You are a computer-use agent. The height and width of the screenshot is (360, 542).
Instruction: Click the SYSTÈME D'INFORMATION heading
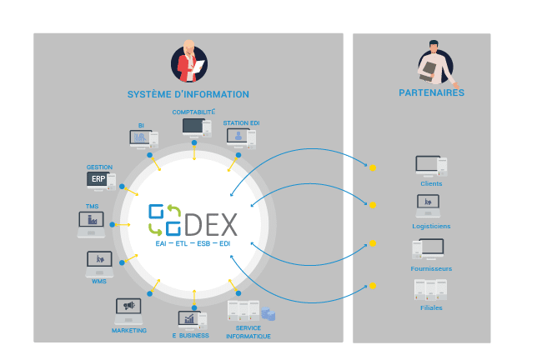point(188,94)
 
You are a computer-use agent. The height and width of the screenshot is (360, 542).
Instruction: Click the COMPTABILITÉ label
point(193,112)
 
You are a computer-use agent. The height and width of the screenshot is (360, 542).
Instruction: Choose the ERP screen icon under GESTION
point(99,179)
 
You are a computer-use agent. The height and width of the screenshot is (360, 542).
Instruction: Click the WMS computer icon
point(99,263)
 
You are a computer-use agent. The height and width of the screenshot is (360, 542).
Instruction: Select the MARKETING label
point(129,330)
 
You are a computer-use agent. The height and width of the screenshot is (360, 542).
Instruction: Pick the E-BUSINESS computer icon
point(192,319)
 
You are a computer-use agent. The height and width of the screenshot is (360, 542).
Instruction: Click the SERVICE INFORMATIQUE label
point(248,332)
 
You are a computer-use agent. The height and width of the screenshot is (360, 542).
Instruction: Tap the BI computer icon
point(143,137)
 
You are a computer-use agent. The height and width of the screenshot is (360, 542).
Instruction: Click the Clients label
point(432,183)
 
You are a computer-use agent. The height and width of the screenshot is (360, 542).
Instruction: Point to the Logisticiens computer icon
point(429,204)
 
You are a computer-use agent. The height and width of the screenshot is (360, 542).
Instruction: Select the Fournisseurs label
point(431,268)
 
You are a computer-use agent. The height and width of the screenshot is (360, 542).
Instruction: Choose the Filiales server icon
point(431,289)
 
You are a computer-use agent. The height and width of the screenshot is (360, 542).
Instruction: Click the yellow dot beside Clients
point(373,167)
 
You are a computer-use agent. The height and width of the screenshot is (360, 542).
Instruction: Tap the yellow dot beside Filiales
point(373,286)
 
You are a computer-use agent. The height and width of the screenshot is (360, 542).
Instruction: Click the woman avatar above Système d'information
point(188,63)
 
